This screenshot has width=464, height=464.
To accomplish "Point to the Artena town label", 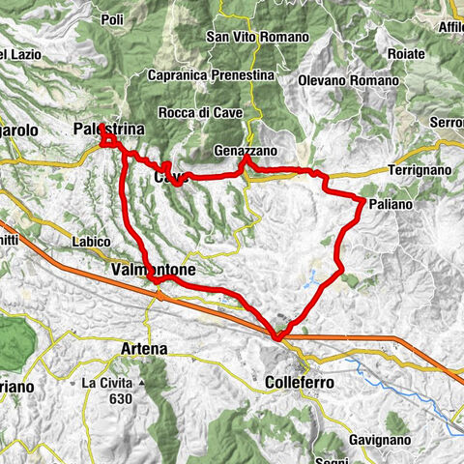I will pyautogui.click(x=143, y=348).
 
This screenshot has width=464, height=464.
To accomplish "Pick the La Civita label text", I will pyautogui.click(x=106, y=384).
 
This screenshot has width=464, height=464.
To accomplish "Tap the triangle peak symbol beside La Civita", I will pyautogui.click(x=141, y=384).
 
